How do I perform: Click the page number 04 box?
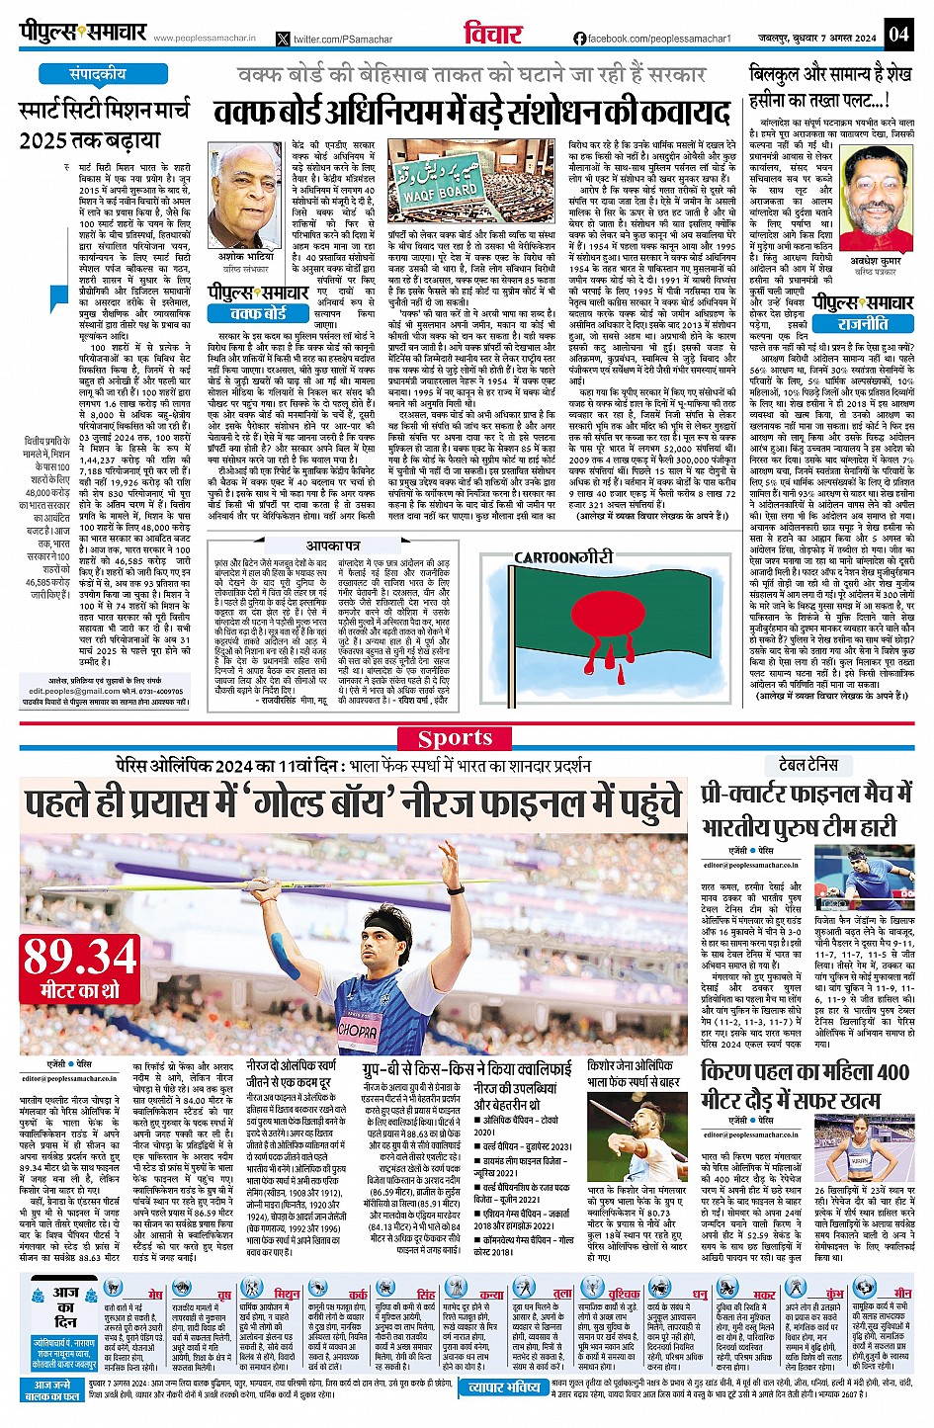point(897,35)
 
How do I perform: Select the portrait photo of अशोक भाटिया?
point(244,196)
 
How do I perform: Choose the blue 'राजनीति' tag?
point(863,323)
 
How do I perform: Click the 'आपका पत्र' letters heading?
point(333,546)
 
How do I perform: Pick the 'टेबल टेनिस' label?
point(808,764)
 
